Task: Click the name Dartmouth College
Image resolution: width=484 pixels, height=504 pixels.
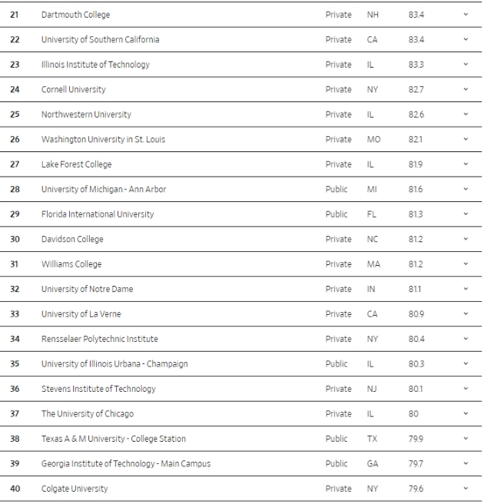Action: pos(75,15)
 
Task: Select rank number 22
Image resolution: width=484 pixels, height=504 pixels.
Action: pos(15,39)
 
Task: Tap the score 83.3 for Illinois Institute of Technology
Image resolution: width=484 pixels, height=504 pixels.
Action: pos(416,65)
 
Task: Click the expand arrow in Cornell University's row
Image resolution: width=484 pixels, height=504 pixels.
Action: pos(466,89)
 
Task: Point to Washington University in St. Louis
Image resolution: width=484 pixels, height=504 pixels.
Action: pos(103,139)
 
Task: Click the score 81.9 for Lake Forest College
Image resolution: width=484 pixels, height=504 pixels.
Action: pos(416,164)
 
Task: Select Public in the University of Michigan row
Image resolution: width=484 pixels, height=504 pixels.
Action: pos(336,189)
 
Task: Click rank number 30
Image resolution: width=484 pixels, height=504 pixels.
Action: pos(15,239)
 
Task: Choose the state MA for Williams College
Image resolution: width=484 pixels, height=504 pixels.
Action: pos(373,264)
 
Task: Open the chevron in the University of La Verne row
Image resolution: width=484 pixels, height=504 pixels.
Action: pos(466,313)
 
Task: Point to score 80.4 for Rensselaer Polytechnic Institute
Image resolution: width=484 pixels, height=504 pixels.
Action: pos(416,339)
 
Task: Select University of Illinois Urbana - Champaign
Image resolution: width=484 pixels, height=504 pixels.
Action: pos(114,363)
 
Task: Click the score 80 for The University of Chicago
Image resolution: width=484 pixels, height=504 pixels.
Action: pos(413,413)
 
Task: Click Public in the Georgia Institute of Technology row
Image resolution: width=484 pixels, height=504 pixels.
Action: pos(336,463)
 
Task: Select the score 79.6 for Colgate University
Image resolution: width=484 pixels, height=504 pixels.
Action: pos(416,489)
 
